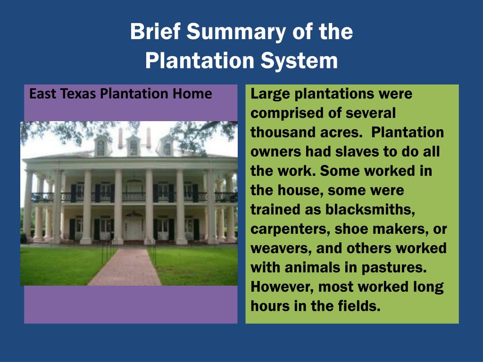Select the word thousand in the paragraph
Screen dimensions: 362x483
[x=279, y=132]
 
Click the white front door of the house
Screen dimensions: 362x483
[x=134, y=228]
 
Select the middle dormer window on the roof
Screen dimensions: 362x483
[x=133, y=147]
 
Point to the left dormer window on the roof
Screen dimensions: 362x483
[x=100, y=147]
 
